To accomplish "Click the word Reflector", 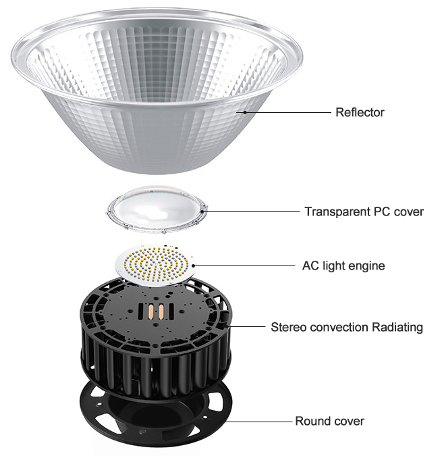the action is tap(360, 112).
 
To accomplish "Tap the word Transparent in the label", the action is tap(337, 211).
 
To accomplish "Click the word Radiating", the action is tap(397, 328).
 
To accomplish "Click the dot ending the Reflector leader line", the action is tap(245, 112).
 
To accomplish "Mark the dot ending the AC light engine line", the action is tap(194, 265).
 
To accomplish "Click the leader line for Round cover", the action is tap(258, 422).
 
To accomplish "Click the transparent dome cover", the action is tap(157, 209).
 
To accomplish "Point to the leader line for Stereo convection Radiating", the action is tap(247, 326).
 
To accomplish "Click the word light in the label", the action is tap(333, 266).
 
